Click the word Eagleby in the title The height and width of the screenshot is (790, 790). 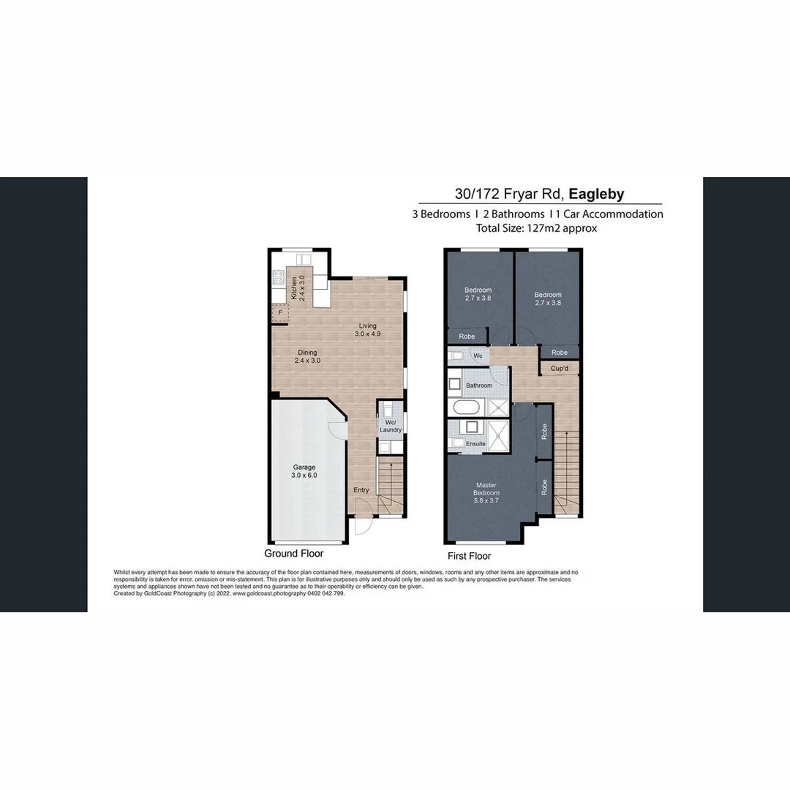596,194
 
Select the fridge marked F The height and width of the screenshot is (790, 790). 279,312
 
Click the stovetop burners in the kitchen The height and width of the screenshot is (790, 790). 278,276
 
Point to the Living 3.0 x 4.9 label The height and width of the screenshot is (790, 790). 367,330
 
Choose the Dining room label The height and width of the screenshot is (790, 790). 307,356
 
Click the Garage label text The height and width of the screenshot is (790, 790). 304,470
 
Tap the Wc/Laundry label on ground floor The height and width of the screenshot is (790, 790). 390,425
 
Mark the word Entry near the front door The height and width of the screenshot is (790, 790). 361,490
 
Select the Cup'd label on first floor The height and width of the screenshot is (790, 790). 560,368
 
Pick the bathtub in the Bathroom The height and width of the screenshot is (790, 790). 466,408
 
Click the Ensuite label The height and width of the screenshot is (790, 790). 475,444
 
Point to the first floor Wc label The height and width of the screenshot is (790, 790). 478,356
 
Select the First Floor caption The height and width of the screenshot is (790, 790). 469,556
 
